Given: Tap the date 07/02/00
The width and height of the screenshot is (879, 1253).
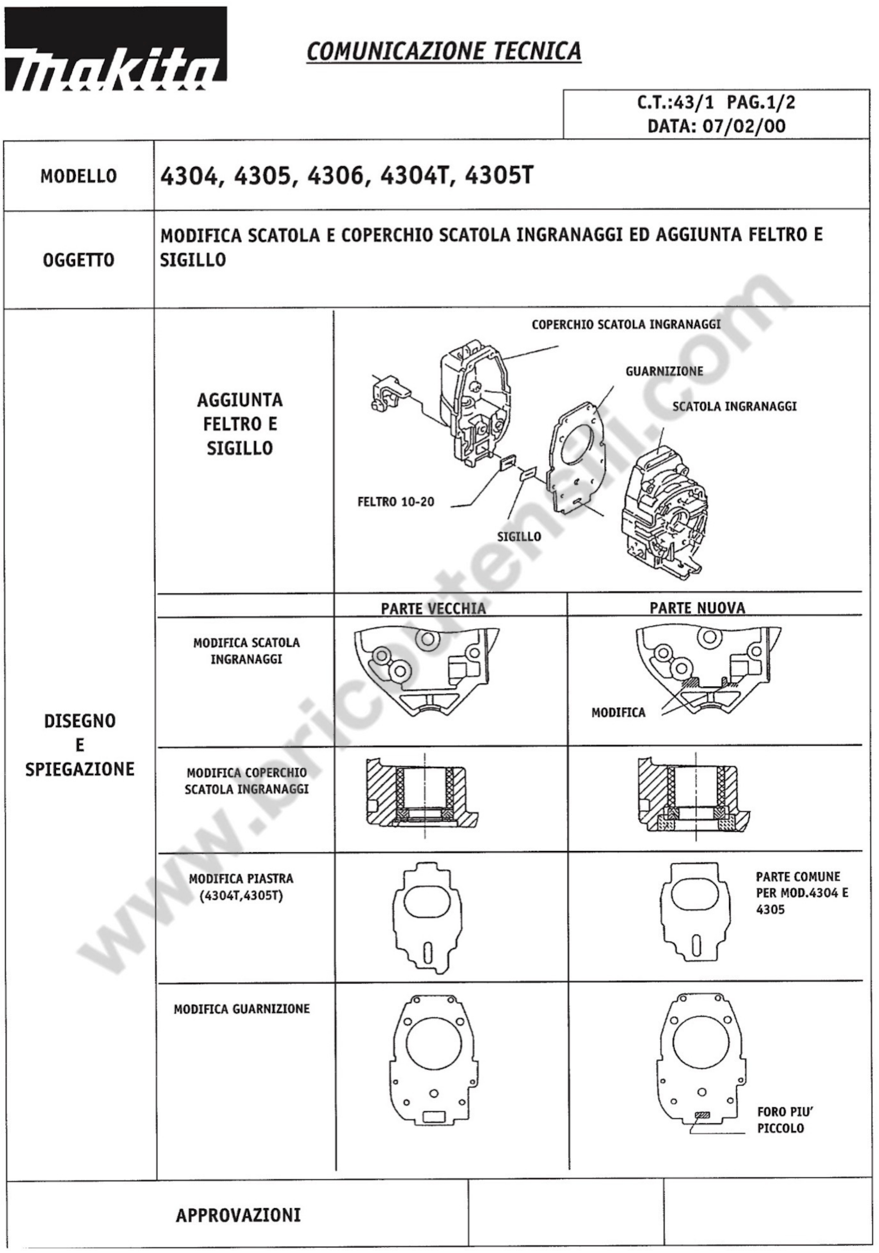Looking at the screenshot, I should pos(744,127).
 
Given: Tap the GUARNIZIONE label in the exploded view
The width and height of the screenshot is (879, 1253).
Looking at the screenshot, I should pos(664,372).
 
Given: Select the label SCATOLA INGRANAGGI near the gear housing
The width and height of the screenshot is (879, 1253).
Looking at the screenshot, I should pos(734,407).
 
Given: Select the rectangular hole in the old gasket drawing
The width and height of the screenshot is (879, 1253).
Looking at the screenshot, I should pos(435,1113).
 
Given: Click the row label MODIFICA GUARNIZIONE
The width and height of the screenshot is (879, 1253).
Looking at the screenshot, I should pos(242,1009).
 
